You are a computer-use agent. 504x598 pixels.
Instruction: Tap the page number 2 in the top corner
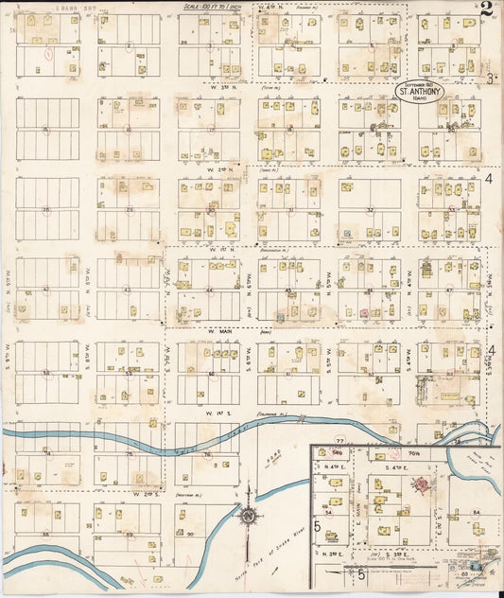click(485, 10)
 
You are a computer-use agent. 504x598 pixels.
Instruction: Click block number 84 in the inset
click(477, 512)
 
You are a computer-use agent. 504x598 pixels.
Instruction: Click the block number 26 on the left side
click(45, 209)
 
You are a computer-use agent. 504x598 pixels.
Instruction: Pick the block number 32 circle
click(371, 209)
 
